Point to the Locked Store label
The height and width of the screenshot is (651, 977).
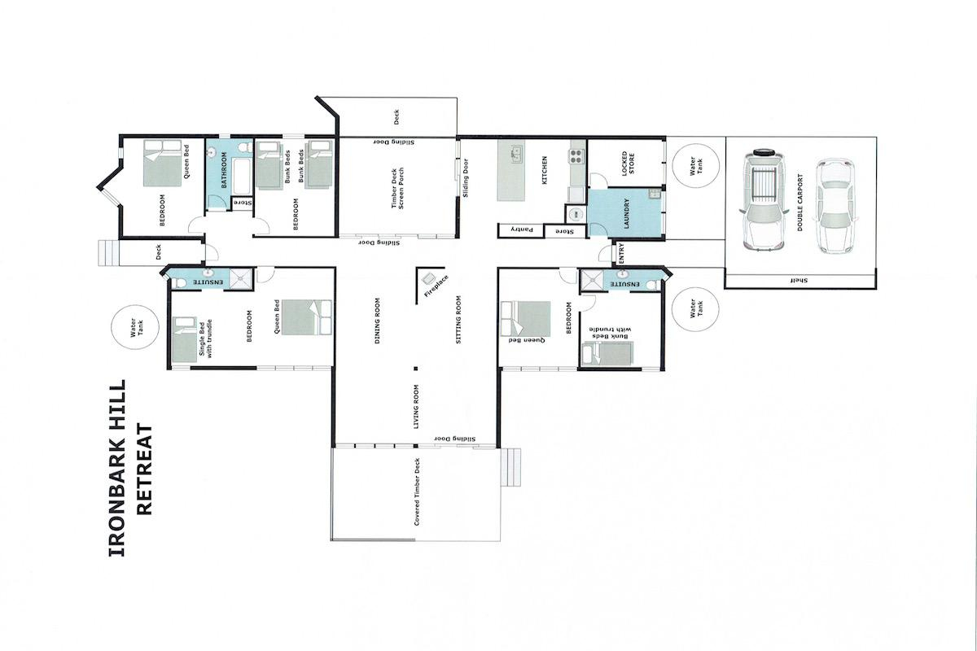628,164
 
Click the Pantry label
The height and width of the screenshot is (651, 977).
521,230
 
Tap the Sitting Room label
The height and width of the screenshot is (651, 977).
459,321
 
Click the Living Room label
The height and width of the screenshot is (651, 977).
416,406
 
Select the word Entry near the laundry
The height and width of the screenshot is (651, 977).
622,254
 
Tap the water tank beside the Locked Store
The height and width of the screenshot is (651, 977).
694,167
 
